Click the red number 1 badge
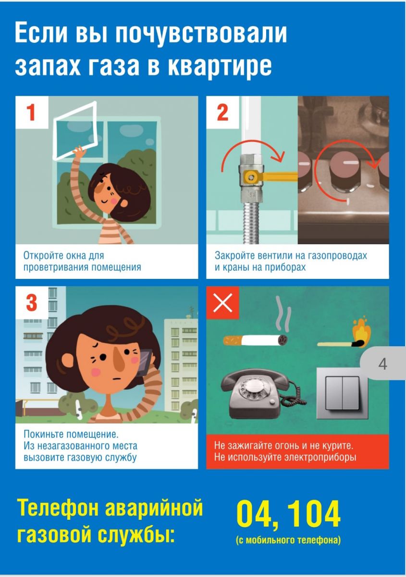point(32,113)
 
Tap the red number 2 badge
point(222,113)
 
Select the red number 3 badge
point(32,302)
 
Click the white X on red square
point(222,302)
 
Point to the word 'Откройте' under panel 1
point(43,255)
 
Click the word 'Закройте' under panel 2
point(234,255)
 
